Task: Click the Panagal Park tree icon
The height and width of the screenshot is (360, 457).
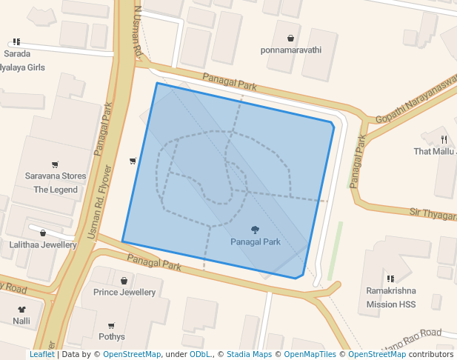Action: tap(256, 230)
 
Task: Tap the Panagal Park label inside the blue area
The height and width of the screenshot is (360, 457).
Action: tap(256, 242)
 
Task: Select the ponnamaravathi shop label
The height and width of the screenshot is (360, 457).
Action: tap(291, 50)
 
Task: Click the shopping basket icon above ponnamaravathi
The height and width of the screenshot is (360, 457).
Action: tap(291, 38)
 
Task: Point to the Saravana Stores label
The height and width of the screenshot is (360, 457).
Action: tap(56, 176)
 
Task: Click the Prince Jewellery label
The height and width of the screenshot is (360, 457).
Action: tap(124, 292)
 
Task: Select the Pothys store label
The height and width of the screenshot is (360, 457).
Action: tap(111, 337)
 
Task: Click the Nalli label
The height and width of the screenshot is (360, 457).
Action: tap(21, 321)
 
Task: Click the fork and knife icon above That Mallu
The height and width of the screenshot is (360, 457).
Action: tap(444, 139)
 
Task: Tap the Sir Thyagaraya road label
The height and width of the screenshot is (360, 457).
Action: tap(433, 213)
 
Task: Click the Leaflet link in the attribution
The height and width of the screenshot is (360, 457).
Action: tap(41, 355)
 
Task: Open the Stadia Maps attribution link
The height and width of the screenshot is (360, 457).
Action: tap(249, 355)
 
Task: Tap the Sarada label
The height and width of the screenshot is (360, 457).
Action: tap(17, 53)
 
